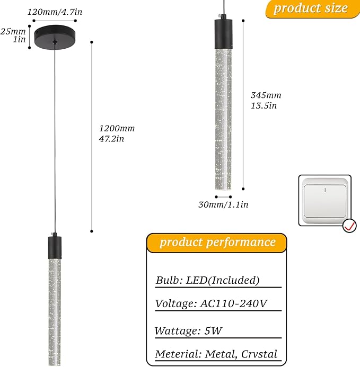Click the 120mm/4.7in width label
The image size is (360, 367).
pos(55,12)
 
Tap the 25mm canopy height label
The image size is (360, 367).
pos(13,31)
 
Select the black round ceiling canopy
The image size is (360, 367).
pos(55,37)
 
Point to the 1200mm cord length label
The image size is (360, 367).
pos(117,128)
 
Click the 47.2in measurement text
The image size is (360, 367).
pos(111,139)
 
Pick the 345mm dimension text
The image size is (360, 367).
pos(266,95)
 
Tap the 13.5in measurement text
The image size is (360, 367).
pos(264,105)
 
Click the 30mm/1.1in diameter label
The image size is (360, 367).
pos(223,204)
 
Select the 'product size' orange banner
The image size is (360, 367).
pos(312,9)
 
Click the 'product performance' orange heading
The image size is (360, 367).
pos(216,243)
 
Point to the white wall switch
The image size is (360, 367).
pos(325,201)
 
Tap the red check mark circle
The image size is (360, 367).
pos(349,226)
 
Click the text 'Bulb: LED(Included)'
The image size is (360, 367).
pos(207,280)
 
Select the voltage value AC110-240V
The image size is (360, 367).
pos(234,303)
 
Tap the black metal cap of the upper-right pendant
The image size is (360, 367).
pos(224,34)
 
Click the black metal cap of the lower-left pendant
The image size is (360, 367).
pos(55,247)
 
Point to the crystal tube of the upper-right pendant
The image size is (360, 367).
pos(223,119)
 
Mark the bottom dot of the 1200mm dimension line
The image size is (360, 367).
pos(92,231)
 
